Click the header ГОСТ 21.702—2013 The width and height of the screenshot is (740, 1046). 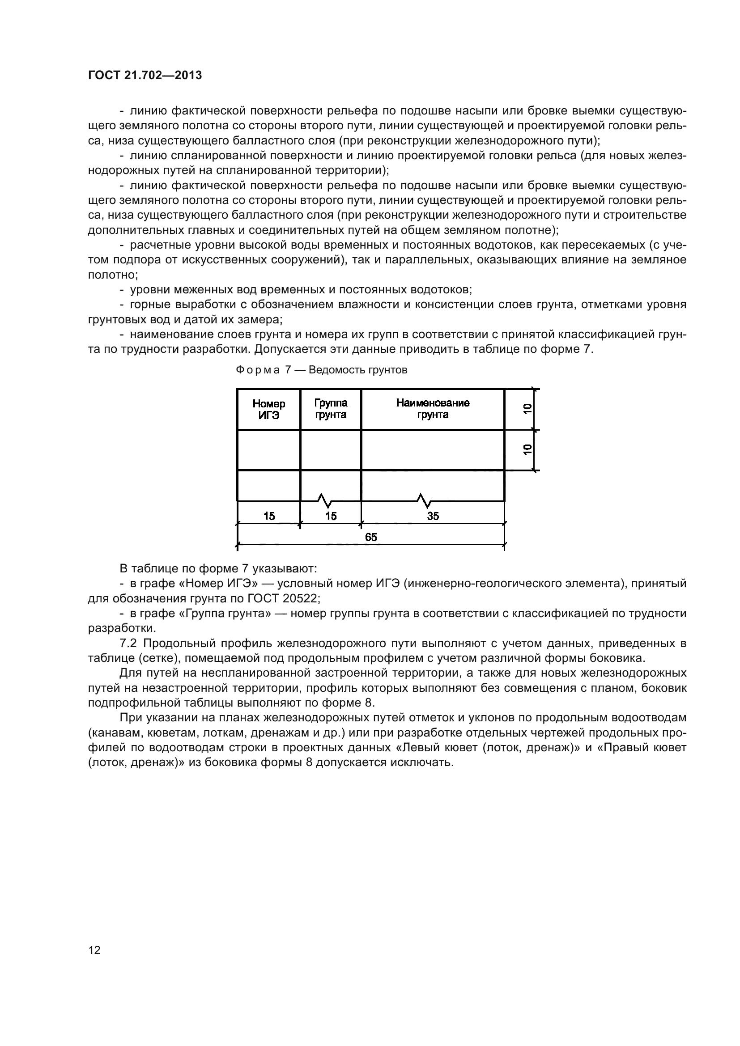coord(145,75)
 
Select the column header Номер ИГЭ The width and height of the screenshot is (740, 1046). coord(269,409)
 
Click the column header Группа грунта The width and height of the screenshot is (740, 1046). coord(330,409)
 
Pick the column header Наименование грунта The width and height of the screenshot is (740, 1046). coord(433,409)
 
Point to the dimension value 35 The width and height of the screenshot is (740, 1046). coord(433,516)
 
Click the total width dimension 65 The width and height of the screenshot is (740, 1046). coord(371,538)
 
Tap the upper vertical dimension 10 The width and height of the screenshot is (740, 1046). coord(527,409)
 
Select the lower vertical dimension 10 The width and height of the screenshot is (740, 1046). coord(527,449)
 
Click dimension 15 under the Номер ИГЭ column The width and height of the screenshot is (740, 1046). coord(269,516)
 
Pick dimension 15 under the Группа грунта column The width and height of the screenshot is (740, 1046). coord(331,516)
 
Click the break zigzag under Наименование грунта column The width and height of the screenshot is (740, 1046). coord(424,501)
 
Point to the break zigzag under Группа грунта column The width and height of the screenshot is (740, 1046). coord(324,501)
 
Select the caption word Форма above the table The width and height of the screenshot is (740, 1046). coord(257,370)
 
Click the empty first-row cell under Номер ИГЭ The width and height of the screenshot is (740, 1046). coord(269,449)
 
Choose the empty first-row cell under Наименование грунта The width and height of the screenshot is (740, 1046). coord(433,449)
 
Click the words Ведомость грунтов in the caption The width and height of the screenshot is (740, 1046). coord(358,370)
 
